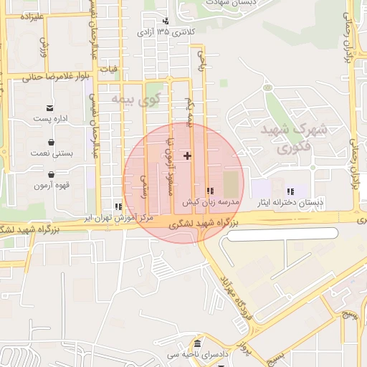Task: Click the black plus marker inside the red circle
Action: point(188,156)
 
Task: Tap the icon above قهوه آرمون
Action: point(51,174)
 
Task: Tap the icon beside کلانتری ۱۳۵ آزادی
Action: point(166,22)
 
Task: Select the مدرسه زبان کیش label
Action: point(209,201)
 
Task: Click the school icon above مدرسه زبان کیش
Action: point(210,191)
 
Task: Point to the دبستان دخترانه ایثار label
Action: point(291,203)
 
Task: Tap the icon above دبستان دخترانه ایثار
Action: point(291,191)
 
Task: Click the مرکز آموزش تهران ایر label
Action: point(118,216)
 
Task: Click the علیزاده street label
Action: point(29,16)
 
